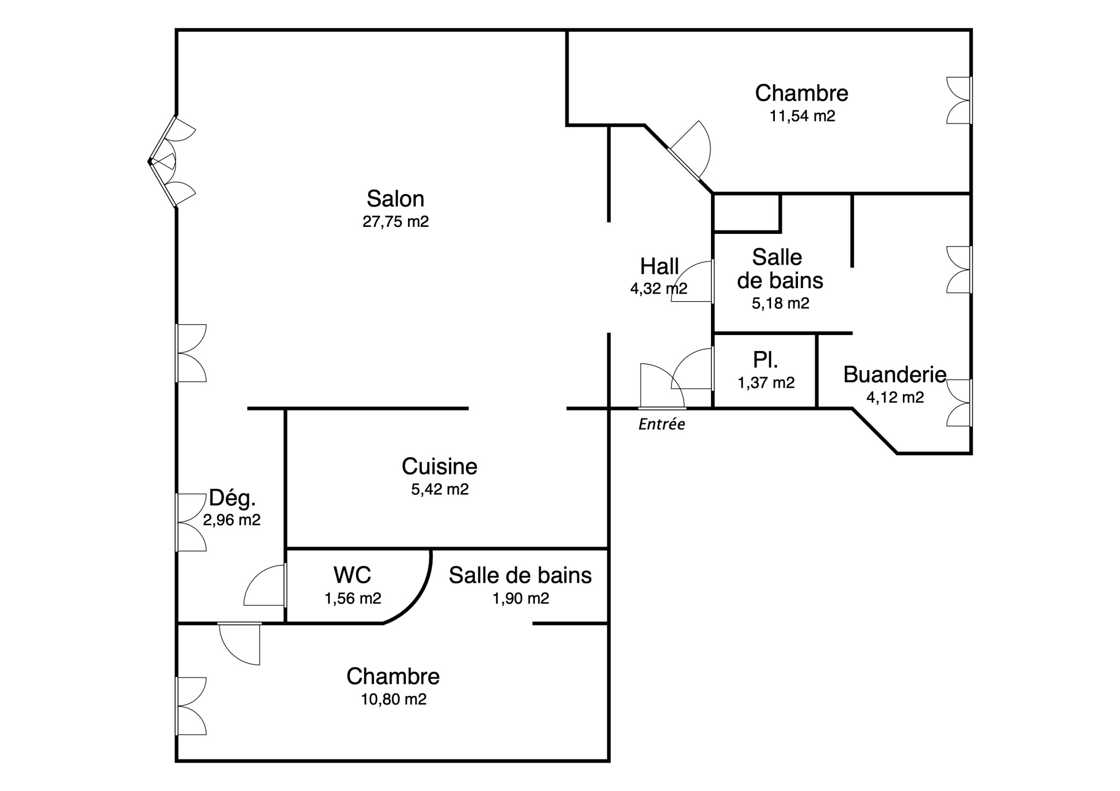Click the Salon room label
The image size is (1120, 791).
point(395,199)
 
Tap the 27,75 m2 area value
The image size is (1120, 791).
point(395,222)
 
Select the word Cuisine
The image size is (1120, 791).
point(440,466)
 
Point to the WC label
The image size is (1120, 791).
point(352,575)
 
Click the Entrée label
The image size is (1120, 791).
point(662,425)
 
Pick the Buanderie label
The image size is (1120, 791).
point(895,374)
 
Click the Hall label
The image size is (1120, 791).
point(660,267)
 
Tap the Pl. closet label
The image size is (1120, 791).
point(766,360)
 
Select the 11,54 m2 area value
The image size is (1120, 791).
point(802,116)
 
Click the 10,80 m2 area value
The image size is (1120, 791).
point(394,699)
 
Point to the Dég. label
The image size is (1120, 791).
point(232,498)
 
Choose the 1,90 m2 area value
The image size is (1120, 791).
point(521,599)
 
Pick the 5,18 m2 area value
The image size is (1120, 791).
point(780,303)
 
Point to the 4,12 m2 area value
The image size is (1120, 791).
point(895,397)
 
